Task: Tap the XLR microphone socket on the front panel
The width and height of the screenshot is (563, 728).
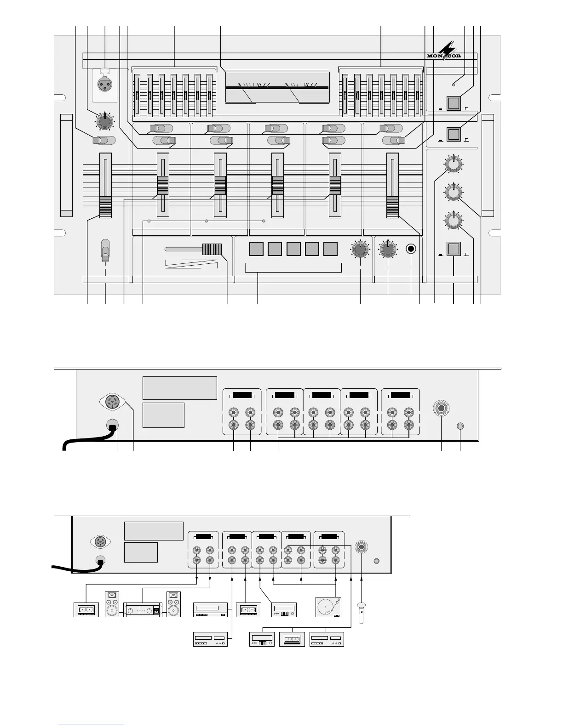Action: point(104,84)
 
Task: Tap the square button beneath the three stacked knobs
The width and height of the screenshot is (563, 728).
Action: point(454,249)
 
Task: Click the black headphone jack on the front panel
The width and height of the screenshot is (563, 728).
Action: point(411,249)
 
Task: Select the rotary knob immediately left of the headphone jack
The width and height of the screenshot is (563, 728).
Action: point(388,250)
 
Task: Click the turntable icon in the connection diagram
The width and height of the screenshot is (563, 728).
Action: point(329,607)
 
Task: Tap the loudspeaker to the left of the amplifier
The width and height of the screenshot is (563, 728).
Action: point(112,604)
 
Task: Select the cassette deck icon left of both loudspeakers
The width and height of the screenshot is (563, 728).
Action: point(86,610)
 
